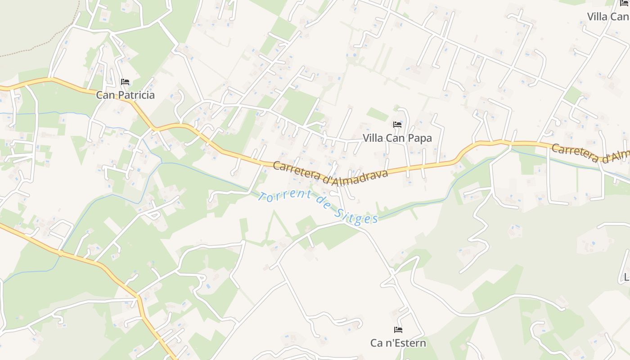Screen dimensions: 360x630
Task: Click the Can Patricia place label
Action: (x=125, y=95)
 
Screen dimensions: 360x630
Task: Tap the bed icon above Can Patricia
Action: (x=125, y=82)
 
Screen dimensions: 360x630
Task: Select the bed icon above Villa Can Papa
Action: (x=397, y=124)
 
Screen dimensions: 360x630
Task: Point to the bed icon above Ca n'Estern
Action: (x=398, y=329)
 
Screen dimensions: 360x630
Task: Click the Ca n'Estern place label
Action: (x=398, y=343)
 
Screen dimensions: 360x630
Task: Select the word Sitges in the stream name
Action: (x=356, y=215)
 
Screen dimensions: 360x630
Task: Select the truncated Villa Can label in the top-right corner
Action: (x=607, y=17)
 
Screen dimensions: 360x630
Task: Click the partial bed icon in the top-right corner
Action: (x=624, y=4)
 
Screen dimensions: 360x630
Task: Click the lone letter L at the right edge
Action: (x=626, y=276)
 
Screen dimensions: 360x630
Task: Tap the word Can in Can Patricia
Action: (x=104, y=95)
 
